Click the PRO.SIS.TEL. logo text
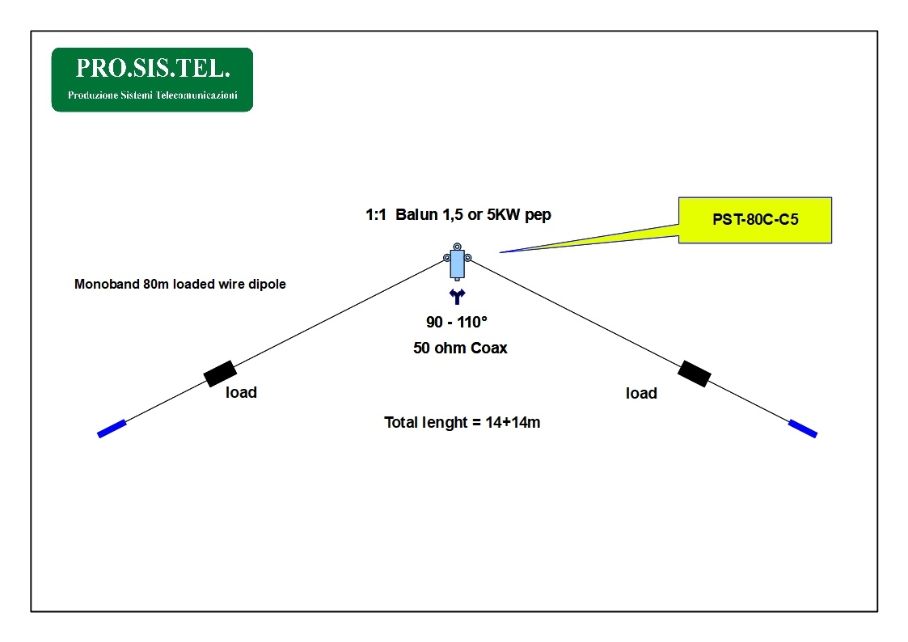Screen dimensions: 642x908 [152, 68]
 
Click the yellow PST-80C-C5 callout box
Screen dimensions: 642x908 [755, 219]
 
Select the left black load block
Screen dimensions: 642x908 [220, 374]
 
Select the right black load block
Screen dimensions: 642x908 [694, 374]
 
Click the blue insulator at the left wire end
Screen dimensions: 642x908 [112, 429]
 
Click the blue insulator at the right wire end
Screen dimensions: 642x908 [803, 429]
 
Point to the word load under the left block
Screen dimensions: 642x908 [241, 393]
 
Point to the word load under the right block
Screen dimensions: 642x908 [641, 394]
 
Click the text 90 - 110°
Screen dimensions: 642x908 [457, 323]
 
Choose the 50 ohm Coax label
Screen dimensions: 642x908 [460, 348]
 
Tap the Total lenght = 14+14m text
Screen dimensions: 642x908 [462, 422]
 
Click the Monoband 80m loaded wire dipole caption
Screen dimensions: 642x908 [179, 285]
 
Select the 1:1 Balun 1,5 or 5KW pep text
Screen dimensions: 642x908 [458, 216]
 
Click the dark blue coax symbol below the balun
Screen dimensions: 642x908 [458, 297]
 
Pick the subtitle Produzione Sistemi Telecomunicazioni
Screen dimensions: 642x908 [152, 95]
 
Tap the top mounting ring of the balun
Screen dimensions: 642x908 [458, 246]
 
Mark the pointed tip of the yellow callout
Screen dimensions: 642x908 [501, 252]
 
